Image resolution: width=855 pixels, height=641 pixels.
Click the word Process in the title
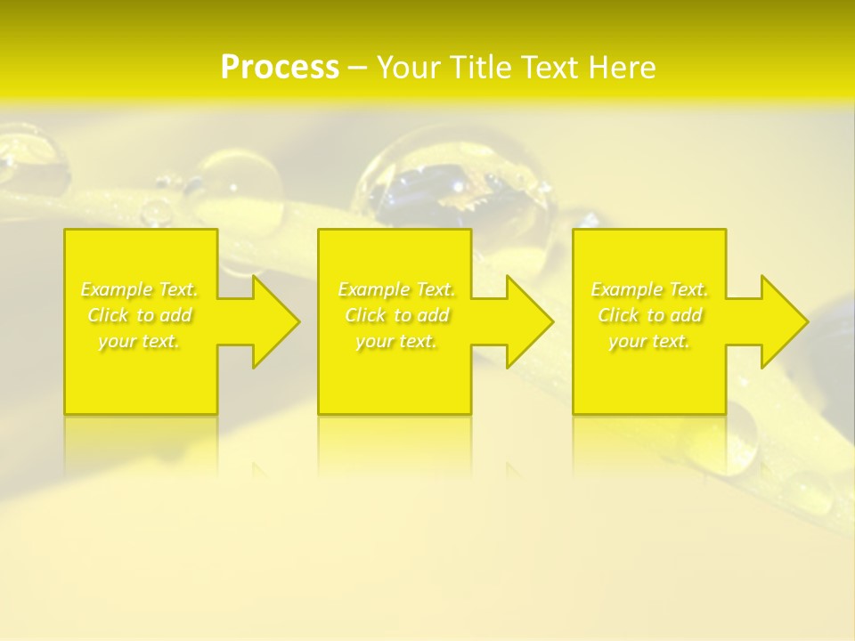click(x=280, y=68)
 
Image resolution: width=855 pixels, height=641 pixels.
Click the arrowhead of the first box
click(x=273, y=321)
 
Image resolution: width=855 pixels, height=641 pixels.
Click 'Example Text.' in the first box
click(x=139, y=289)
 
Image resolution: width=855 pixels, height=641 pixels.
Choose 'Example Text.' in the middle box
click(x=396, y=289)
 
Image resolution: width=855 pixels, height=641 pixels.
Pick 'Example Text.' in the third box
click(x=649, y=289)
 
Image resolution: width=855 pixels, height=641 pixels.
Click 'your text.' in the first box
click(x=139, y=341)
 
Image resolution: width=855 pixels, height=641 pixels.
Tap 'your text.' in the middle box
click(x=396, y=341)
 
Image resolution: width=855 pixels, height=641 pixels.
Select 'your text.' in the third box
click(x=649, y=341)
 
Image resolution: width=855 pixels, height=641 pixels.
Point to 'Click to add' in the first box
click(x=139, y=315)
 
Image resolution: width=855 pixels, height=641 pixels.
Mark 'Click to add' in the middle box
click(x=396, y=315)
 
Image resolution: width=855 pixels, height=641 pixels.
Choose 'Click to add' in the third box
click(x=649, y=315)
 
